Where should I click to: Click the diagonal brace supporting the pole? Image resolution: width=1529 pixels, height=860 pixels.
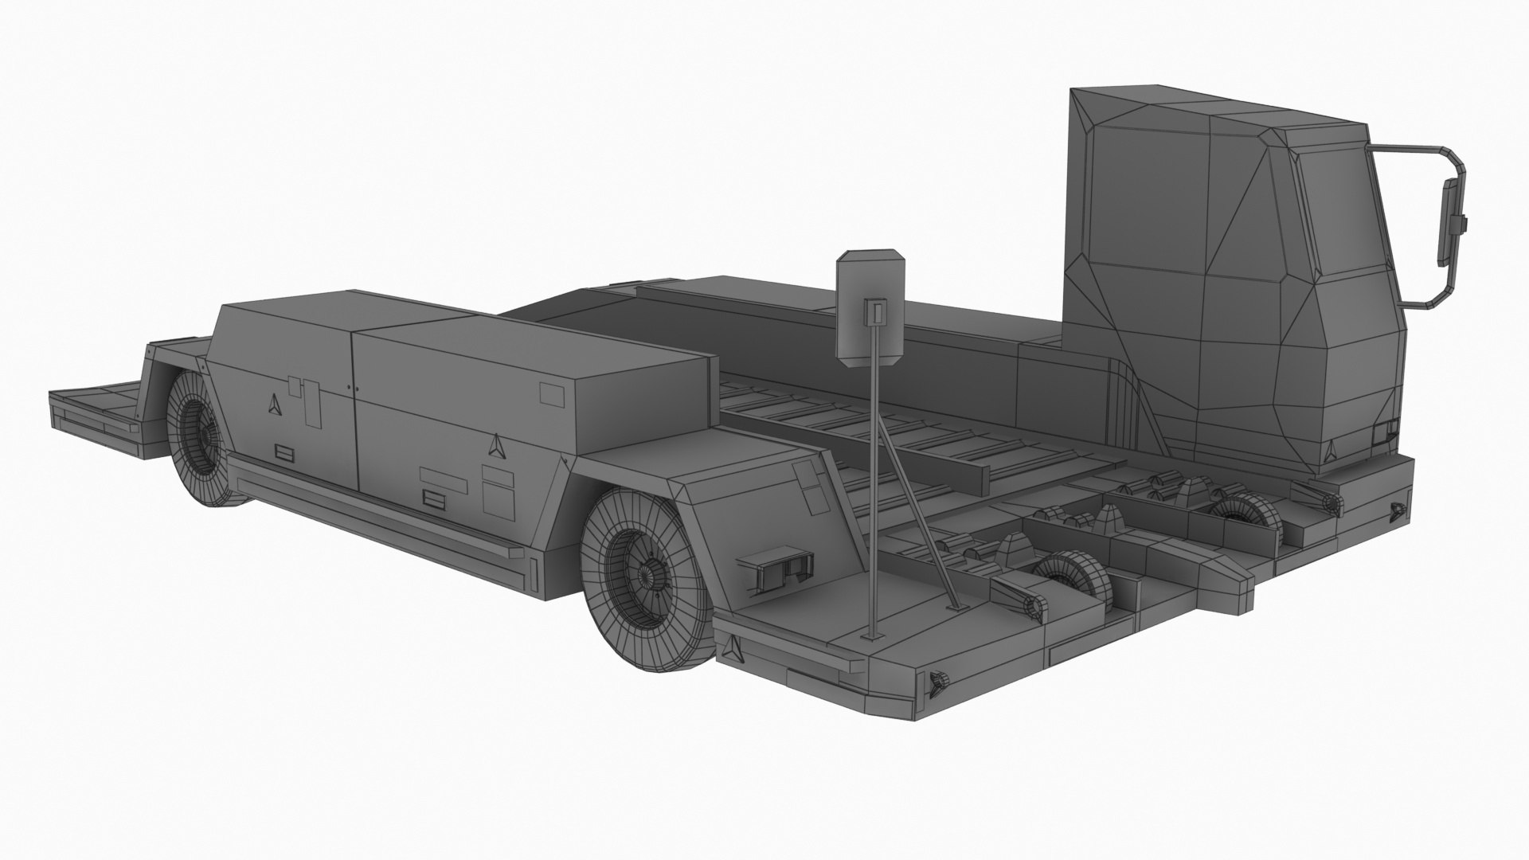[916, 518]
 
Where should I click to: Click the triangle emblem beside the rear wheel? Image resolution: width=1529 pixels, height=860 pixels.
[275, 405]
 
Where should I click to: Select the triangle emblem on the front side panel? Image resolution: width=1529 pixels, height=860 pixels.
[496, 446]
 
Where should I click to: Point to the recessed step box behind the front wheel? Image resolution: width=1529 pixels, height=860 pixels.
[776, 568]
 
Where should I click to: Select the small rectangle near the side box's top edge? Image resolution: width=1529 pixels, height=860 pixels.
[551, 393]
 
